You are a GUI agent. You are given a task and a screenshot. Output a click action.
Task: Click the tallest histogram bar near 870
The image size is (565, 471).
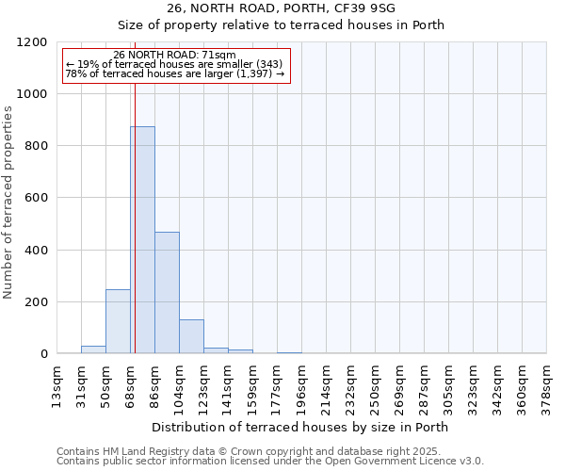143,240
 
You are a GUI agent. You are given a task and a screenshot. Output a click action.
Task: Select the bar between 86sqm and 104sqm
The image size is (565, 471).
167,292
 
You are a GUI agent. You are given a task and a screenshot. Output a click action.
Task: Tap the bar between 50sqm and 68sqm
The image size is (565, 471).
118,321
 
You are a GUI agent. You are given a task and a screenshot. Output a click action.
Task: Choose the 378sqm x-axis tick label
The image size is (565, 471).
546,383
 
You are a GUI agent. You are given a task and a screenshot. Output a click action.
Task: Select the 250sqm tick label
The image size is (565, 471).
375,383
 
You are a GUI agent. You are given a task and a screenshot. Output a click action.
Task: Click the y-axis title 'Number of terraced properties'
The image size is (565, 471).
8,203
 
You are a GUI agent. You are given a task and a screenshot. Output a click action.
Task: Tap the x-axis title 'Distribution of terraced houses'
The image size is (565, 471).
299,427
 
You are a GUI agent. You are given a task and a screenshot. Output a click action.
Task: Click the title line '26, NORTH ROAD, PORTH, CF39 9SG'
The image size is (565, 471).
299,8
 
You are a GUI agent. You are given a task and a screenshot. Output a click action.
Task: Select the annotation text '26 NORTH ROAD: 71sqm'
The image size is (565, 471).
173,56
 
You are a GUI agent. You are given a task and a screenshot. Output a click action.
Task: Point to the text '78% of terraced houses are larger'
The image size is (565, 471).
174,73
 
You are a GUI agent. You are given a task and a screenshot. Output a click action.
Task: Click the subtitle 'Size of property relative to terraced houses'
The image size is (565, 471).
299,24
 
